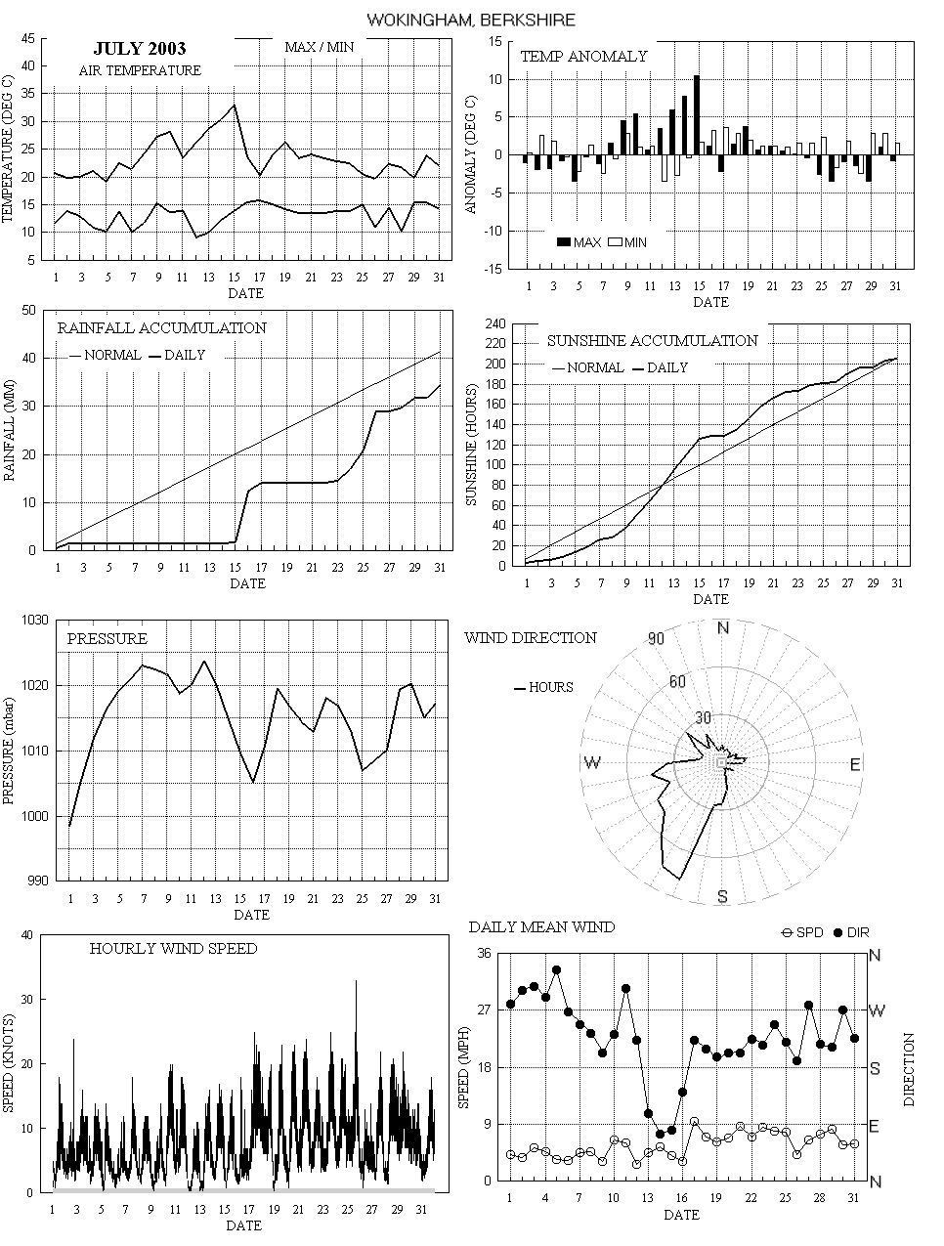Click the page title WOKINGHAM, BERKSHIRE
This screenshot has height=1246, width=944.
pyautogui.click(x=472, y=20)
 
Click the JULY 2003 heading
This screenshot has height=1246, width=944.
pyautogui.click(x=140, y=49)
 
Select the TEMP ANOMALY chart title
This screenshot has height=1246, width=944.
pyautogui.click(x=583, y=57)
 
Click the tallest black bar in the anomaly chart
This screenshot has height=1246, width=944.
pyautogui.click(x=697, y=115)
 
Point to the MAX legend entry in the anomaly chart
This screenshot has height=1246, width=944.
pyautogui.click(x=578, y=242)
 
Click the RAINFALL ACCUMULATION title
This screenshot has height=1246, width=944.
pyautogui.click(x=161, y=328)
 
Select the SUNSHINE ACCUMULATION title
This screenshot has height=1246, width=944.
pyautogui.click(x=652, y=341)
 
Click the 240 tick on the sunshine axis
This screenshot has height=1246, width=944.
pyautogui.click(x=495, y=323)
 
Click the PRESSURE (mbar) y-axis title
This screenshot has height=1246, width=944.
pyautogui.click(x=10, y=750)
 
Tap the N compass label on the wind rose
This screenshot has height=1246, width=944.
pyautogui.click(x=723, y=627)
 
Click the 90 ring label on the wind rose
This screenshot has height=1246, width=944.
pyautogui.click(x=656, y=639)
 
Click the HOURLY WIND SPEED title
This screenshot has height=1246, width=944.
pyautogui.click(x=174, y=949)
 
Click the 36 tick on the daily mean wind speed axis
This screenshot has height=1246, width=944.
pyautogui.click(x=483, y=955)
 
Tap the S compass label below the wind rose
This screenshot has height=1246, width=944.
pyautogui.click(x=722, y=897)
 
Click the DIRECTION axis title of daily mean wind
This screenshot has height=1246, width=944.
pyautogui.click(x=910, y=1069)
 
